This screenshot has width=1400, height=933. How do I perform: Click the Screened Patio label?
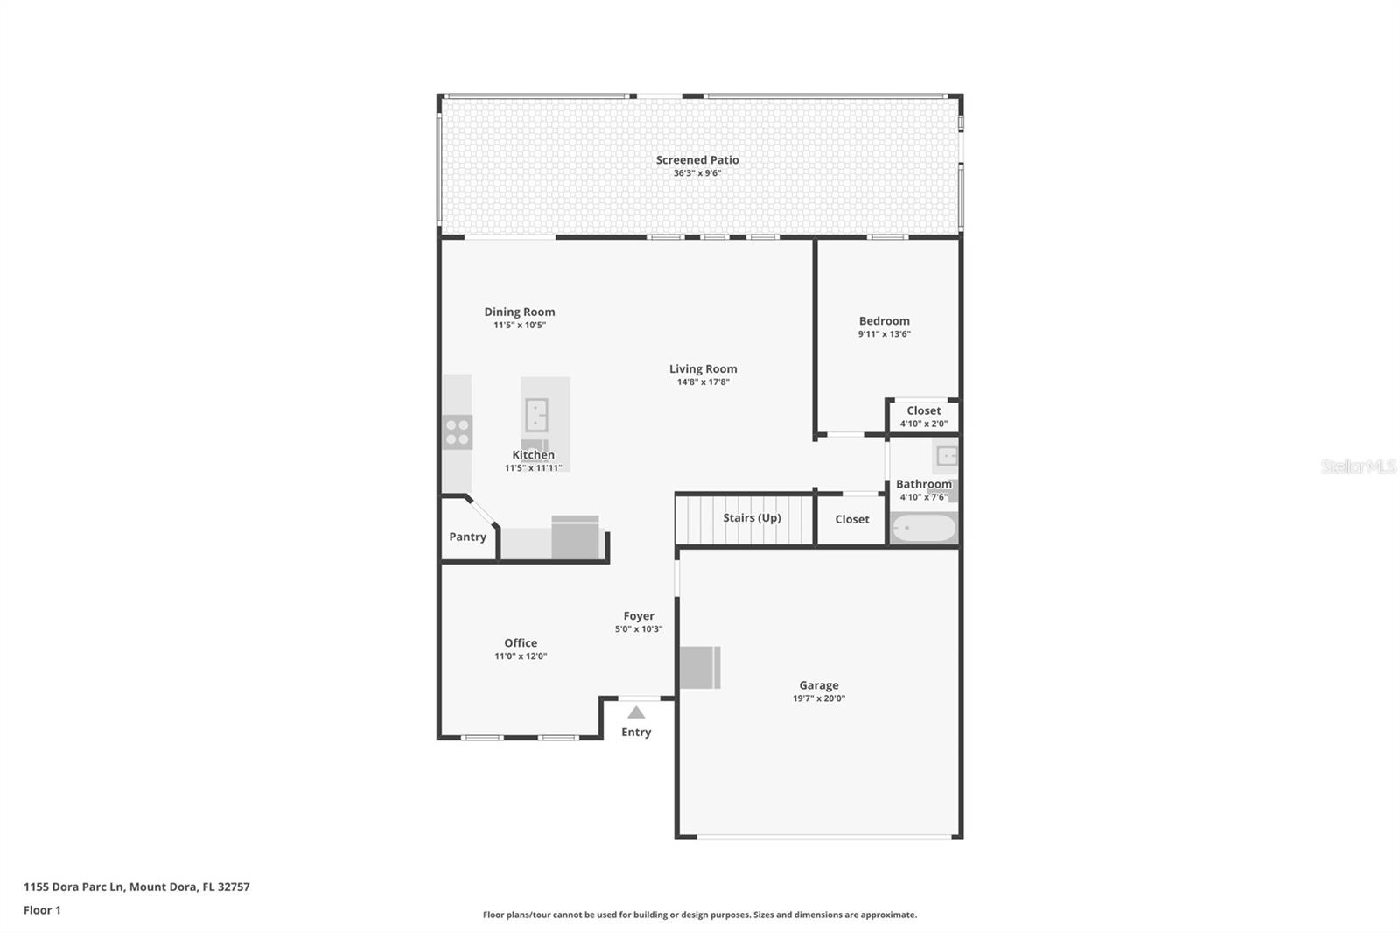point(696,160)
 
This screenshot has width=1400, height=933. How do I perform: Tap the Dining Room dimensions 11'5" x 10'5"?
point(520,326)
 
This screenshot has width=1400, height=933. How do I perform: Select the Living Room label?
point(703,369)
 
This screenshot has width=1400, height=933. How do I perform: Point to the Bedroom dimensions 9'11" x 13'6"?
point(884,334)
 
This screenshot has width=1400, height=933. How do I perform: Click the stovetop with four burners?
point(458,432)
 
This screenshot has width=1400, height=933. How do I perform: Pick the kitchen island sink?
point(536,415)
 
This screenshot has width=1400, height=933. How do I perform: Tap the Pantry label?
point(467,537)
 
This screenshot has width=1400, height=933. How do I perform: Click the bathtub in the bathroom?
point(924,528)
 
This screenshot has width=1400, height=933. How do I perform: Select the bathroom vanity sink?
point(946,456)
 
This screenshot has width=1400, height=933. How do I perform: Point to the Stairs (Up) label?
point(752,518)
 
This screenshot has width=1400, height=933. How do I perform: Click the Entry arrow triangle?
point(636,712)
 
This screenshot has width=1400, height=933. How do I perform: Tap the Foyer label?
point(639,616)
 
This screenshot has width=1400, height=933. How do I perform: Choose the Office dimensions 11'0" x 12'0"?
point(521,656)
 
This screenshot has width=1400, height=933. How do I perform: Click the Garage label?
point(819,685)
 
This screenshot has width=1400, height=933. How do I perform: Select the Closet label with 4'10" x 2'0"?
point(924,410)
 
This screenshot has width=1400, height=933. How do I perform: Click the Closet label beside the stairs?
point(852,519)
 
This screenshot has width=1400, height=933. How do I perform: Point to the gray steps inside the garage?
point(700,667)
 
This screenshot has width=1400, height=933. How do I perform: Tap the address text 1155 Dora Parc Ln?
point(73,887)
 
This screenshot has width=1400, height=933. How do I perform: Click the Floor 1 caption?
point(42,910)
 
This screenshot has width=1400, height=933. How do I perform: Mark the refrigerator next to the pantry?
point(575,537)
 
